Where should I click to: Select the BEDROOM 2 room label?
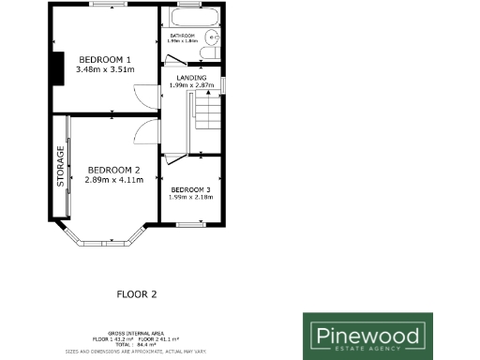click(x=114, y=170)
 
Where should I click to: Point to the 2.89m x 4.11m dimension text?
click(x=114, y=179)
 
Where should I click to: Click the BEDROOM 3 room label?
click(x=190, y=190)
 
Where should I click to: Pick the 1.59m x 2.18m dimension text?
click(x=190, y=198)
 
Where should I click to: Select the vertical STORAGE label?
click(x=61, y=167)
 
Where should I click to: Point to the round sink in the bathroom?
click(x=214, y=38)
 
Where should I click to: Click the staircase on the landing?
click(x=206, y=117)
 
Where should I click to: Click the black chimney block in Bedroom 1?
click(x=57, y=68)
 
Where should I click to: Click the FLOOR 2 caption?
click(x=136, y=293)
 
